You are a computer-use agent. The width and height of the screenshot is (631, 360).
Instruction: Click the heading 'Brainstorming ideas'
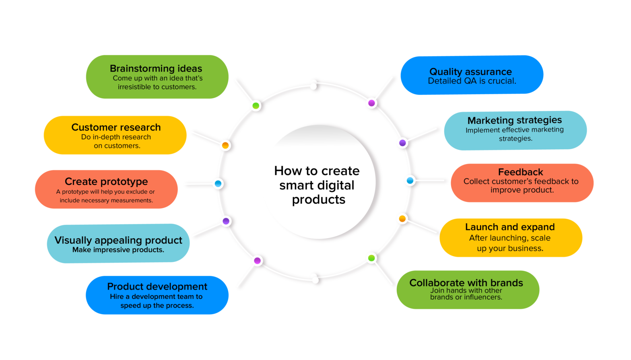[x=156, y=69]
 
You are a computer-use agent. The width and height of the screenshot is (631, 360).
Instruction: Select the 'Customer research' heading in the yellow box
[x=116, y=128]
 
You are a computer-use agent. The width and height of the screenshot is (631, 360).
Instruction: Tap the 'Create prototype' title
[x=106, y=182]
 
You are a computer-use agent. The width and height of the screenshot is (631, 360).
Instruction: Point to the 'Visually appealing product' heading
[x=118, y=241]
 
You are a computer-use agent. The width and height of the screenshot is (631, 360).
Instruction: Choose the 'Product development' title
[x=157, y=287]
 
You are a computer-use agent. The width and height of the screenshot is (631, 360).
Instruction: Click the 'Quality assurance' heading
[x=470, y=72]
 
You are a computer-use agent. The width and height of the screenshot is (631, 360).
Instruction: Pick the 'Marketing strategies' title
[x=514, y=120]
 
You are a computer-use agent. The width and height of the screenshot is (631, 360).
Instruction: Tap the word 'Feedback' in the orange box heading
[x=520, y=172]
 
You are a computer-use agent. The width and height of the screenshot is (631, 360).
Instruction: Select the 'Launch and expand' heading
[x=510, y=227]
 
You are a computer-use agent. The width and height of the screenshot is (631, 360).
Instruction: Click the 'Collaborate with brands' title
[x=466, y=283]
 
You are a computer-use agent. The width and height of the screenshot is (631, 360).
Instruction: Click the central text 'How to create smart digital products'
[x=318, y=185]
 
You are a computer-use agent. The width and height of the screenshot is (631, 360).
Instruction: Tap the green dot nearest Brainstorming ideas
[x=256, y=106]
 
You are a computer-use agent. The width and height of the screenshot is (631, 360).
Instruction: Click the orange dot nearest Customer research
[x=225, y=145]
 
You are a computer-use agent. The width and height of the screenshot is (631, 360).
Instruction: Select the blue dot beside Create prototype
[x=218, y=184]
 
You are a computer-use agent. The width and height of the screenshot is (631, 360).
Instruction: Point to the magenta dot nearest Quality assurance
[x=372, y=103]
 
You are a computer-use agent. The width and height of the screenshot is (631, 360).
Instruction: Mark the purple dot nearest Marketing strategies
[x=402, y=143]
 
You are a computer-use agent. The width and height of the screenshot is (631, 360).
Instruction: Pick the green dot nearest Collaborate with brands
[x=371, y=258]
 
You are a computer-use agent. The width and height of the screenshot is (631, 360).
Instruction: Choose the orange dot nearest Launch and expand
[x=402, y=219]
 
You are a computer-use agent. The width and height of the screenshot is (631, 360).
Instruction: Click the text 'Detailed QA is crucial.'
[x=472, y=81]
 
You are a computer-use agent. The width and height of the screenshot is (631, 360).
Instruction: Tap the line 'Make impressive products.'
[x=118, y=250]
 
